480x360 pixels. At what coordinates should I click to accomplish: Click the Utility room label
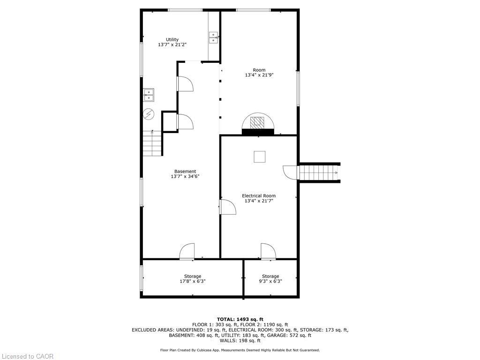[x=172, y=39]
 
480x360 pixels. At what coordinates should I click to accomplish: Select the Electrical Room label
[x=258, y=195]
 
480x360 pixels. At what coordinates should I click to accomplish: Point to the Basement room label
[x=185, y=171]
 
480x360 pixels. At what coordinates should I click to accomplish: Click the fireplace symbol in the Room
[x=258, y=123]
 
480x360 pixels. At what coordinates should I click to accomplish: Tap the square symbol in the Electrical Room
[x=259, y=157]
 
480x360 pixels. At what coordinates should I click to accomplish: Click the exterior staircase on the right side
[x=319, y=172]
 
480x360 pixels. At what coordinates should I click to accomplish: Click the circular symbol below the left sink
[x=149, y=114]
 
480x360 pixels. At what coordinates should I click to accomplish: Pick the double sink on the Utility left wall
[x=148, y=95]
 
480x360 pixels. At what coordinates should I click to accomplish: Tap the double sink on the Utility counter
[x=213, y=37]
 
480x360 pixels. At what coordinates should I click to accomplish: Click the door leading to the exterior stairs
[x=291, y=172]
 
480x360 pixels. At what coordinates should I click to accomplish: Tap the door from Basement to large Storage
[x=187, y=251]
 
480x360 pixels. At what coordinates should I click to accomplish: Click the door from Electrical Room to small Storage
[x=268, y=251]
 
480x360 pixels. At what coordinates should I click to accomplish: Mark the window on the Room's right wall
[x=298, y=88]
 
